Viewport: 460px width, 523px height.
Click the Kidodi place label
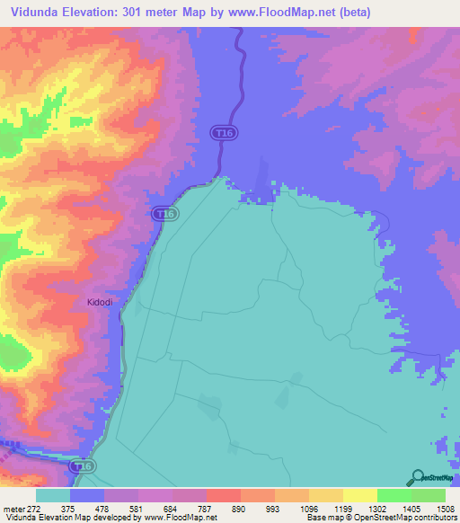100,303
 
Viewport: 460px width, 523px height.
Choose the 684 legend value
172,509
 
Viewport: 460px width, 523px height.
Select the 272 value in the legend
34,509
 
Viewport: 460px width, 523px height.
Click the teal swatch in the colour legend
53,495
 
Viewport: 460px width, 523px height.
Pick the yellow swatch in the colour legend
359,495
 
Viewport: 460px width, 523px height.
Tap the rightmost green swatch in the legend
428,495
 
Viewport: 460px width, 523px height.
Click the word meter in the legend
13,509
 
